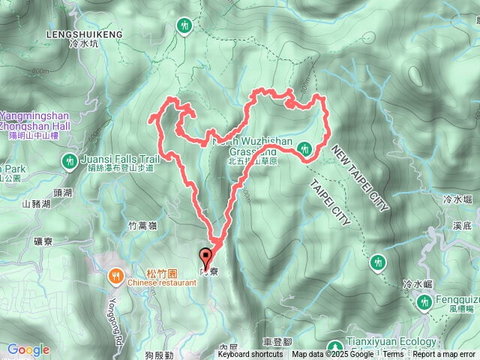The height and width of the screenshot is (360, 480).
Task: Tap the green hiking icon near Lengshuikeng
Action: [184, 26]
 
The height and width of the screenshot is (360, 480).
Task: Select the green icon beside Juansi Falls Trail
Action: [70, 160]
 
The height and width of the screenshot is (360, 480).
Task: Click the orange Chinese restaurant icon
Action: [115, 274]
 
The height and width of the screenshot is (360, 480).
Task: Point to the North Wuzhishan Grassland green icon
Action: [304, 148]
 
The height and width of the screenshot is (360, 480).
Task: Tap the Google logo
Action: [28, 349]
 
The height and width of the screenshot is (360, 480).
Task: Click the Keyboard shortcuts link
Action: [250, 355]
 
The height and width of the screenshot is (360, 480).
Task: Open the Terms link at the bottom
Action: [393, 355]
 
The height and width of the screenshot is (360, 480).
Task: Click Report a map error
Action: [444, 355]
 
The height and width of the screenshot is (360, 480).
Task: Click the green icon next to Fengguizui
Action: [422, 301]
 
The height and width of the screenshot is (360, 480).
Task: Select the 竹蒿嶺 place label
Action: [142, 223]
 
